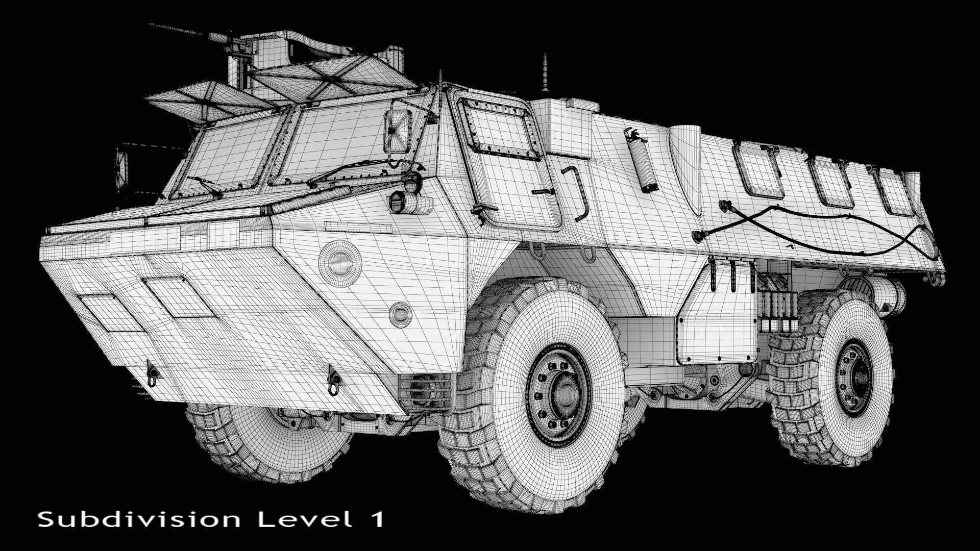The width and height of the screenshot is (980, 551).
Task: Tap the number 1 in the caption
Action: tap(376, 519)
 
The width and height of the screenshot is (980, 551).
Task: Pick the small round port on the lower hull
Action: tap(400, 312)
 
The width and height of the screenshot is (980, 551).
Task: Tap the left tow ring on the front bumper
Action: tap(152, 372)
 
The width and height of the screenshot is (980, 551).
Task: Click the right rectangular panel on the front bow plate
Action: tap(178, 297)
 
